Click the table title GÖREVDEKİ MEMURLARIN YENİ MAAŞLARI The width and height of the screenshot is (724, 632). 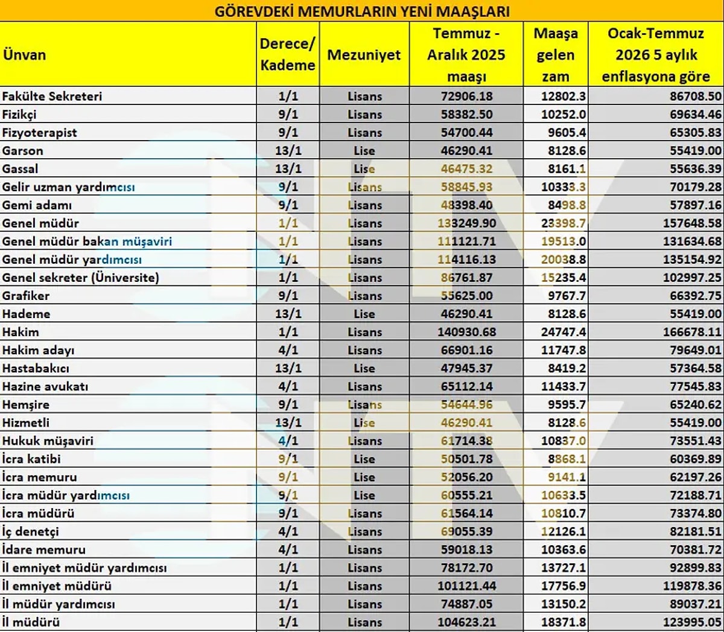[x=362, y=11]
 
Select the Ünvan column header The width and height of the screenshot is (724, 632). [x=24, y=55]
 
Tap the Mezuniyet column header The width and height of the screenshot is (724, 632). [x=364, y=55]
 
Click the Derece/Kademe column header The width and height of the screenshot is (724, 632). [x=288, y=54]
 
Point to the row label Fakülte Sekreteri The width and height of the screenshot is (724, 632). [x=52, y=96]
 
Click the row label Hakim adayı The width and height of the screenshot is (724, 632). [x=38, y=350]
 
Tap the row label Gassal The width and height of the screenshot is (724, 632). [x=20, y=168]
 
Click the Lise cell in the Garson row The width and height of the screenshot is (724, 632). [x=364, y=150]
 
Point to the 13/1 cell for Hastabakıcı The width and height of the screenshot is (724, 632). [x=288, y=368]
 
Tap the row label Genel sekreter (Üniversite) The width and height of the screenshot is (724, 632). [x=80, y=278]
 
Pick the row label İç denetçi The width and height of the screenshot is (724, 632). [x=30, y=531]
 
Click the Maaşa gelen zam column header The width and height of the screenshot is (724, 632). [x=555, y=55]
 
